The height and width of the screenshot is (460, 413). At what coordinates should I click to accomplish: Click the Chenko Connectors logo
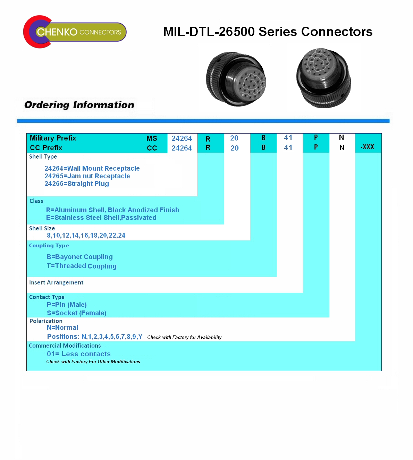pos(75,32)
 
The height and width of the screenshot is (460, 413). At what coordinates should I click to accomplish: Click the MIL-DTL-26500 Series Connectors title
pos(268,31)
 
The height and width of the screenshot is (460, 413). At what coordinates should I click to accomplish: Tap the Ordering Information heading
pos(79,105)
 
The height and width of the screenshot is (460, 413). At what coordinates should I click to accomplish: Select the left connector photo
pos(236,79)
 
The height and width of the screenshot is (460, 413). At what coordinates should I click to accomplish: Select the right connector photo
pos(323,78)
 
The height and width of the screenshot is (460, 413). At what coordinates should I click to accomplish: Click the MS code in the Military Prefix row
pos(152,138)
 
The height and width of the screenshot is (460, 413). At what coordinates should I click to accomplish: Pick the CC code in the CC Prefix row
pos(152,148)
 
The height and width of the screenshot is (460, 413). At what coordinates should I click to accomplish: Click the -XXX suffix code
pos(367,147)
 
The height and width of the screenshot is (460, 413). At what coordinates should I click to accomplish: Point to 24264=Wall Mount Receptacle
pos(92,168)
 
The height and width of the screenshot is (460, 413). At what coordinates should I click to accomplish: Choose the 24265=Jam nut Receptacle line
pos(87,176)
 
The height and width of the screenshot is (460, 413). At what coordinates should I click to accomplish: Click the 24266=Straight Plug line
pos(77,184)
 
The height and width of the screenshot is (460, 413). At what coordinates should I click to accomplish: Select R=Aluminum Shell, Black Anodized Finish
pos(113,210)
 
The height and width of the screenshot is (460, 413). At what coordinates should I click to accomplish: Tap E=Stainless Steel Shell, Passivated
pos(101,218)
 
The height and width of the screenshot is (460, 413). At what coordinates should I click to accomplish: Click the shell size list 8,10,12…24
pos(86,235)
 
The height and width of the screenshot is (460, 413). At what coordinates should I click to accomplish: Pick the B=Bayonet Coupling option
pos(79,257)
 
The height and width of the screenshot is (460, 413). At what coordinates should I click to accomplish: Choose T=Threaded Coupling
pos(82,266)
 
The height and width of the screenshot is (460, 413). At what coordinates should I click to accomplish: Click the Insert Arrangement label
pos(56,282)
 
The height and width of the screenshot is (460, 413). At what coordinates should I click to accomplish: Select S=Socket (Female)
pos(77,313)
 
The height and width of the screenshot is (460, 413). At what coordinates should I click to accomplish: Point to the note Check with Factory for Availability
pos(185,337)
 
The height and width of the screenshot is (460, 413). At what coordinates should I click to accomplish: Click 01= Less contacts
pos(79,354)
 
